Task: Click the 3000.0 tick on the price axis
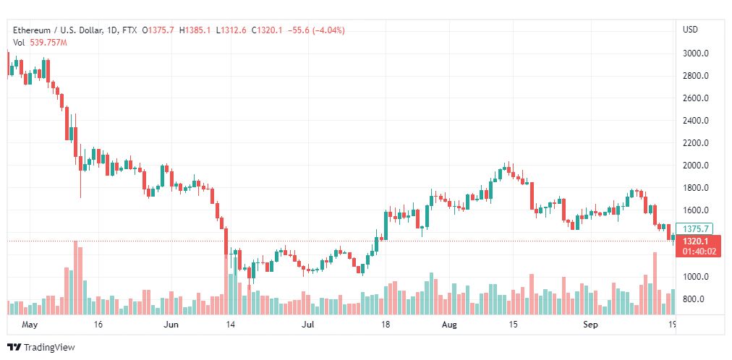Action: click(696, 53)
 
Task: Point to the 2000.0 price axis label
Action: click(696, 166)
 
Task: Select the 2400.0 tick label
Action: click(696, 121)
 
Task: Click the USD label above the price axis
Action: click(691, 30)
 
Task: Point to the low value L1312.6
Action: click(231, 30)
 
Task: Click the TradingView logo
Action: click(42, 347)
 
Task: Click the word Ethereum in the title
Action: click(32, 30)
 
